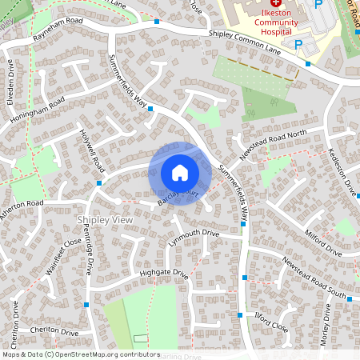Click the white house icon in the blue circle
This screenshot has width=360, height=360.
[x=180, y=173]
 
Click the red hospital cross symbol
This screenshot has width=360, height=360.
[x=265, y=4]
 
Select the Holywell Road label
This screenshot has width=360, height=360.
[x=93, y=151]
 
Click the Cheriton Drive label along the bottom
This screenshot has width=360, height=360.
[x=54, y=330]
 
